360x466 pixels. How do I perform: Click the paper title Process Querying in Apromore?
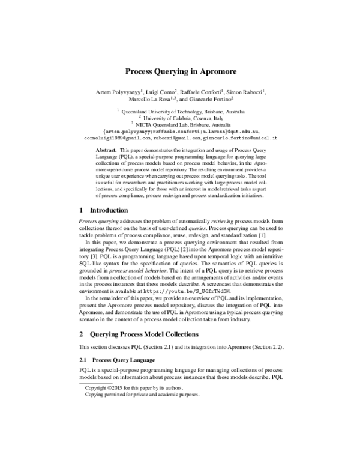coord(180,70)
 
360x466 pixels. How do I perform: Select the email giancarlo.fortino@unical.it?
coord(241,138)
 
